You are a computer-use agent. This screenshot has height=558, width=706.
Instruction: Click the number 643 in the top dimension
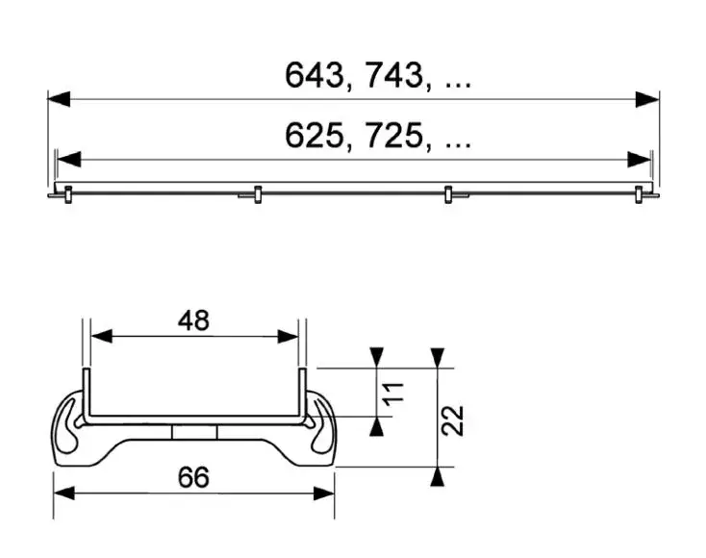tap(314, 77)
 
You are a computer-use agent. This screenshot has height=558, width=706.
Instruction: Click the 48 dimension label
tap(193, 320)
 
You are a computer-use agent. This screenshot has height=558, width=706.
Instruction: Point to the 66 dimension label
tap(193, 476)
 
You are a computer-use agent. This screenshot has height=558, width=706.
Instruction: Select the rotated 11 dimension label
tap(389, 393)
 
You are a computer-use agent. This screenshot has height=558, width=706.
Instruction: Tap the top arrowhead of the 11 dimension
tap(377, 356)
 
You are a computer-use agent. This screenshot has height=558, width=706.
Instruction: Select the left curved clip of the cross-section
tap(70, 423)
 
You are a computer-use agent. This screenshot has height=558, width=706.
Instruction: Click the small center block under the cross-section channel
tap(195, 432)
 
